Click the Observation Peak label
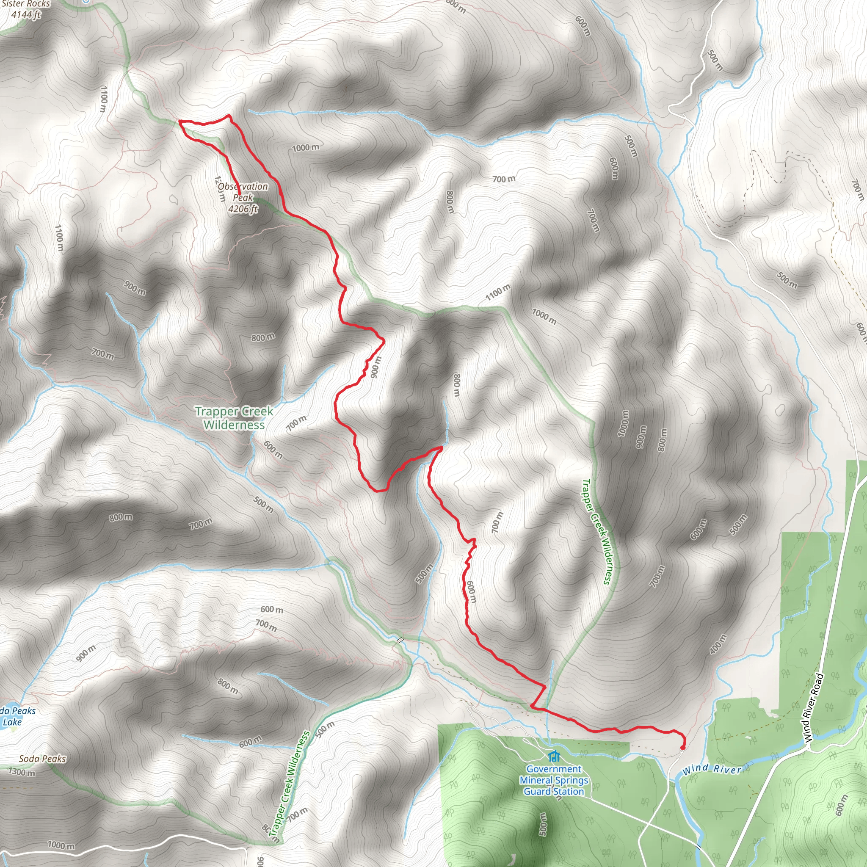click(x=243, y=192)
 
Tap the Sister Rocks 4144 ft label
click(x=25, y=9)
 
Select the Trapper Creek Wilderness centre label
click(x=234, y=418)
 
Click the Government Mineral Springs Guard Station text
click(x=554, y=780)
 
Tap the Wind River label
click(x=711, y=769)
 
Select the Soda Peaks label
click(x=42, y=758)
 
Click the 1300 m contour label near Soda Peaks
click(x=22, y=772)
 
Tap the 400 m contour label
click(x=718, y=644)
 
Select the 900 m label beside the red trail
click(x=376, y=367)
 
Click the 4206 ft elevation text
click(x=243, y=209)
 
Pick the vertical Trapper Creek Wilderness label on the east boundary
click(x=596, y=532)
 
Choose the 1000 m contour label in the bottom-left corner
click(x=61, y=845)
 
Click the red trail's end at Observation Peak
click(x=239, y=194)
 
